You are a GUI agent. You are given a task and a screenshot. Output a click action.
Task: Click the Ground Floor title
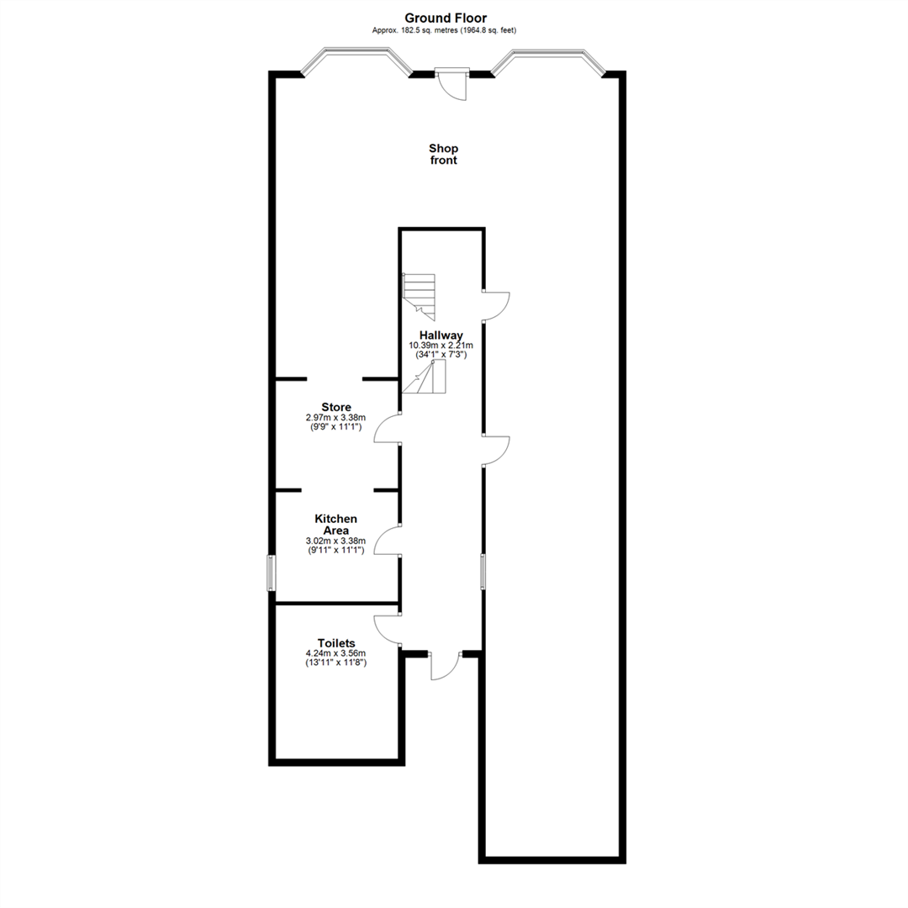(x=445, y=18)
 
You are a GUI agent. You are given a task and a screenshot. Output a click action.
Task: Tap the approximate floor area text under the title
(x=445, y=30)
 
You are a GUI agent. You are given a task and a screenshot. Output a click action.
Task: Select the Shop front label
(x=443, y=154)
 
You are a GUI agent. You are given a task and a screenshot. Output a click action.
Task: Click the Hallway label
(x=441, y=335)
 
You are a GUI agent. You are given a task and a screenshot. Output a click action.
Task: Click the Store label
(x=336, y=407)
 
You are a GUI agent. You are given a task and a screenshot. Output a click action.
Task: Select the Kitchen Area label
(x=336, y=525)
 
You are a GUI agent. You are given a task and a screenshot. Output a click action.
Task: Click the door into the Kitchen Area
(x=388, y=540)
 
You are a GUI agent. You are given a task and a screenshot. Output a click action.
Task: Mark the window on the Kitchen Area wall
(x=271, y=573)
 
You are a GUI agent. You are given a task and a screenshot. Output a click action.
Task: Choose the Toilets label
(x=336, y=642)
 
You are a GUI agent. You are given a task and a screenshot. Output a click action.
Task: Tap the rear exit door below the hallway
(x=443, y=665)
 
